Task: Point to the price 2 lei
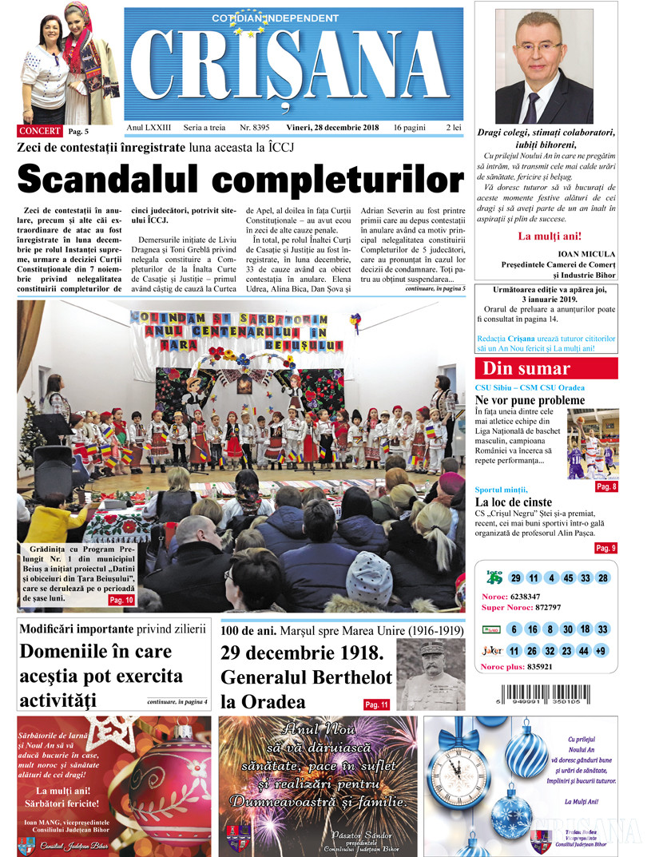pyautogui.click(x=453, y=128)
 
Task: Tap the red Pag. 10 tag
pyautogui.click(x=121, y=599)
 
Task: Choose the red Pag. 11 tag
pyautogui.click(x=377, y=704)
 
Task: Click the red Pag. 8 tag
pyautogui.click(x=605, y=486)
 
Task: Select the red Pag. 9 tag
pyautogui.click(x=605, y=548)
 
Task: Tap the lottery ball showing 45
pyautogui.click(x=567, y=578)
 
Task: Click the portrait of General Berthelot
pyautogui.click(x=430, y=674)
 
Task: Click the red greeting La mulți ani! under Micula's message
pyautogui.click(x=550, y=236)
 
